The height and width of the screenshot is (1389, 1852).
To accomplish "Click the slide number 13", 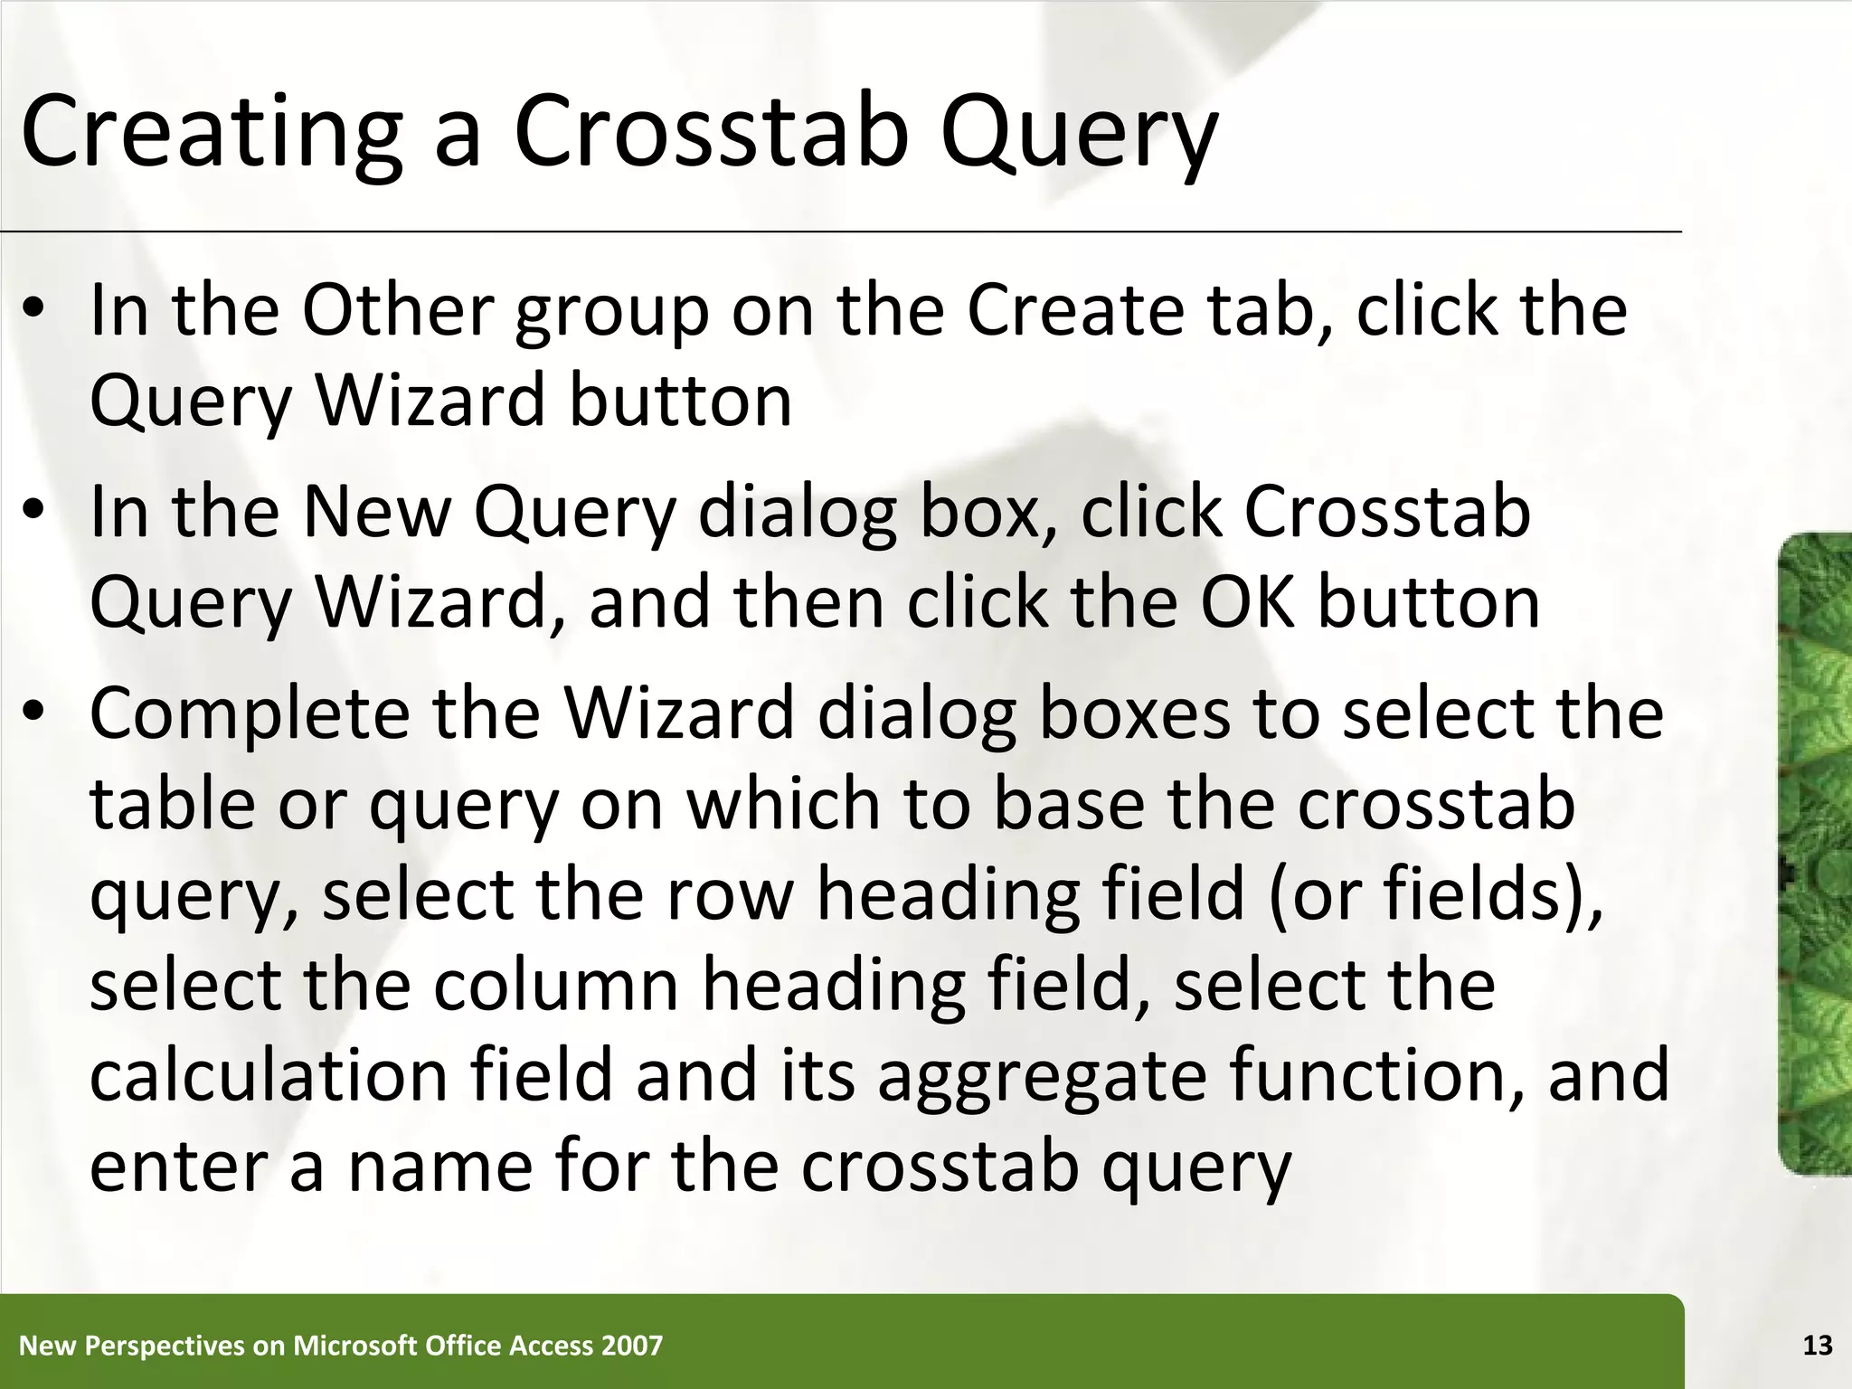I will pyautogui.click(x=1817, y=1346).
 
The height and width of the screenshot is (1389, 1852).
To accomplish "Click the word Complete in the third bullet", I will pyautogui.click(x=250, y=713).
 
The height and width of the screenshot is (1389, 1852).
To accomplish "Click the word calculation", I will pyautogui.click(x=269, y=1076).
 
